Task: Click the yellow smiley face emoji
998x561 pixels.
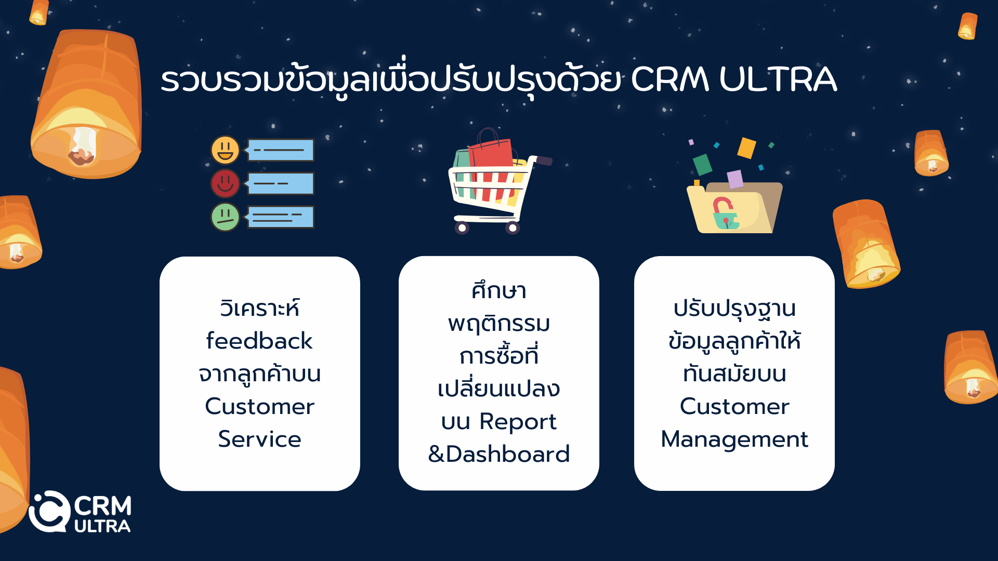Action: click(225, 150)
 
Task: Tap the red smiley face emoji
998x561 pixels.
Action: click(225, 183)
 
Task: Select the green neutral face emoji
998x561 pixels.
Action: click(225, 217)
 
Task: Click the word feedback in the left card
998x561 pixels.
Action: click(259, 341)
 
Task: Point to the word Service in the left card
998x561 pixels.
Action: click(259, 439)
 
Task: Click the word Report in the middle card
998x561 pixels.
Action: click(518, 422)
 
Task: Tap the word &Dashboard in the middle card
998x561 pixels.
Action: click(498, 454)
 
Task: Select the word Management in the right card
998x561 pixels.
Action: click(734, 439)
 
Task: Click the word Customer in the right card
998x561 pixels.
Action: click(734, 406)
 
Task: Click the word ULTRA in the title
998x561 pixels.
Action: click(778, 79)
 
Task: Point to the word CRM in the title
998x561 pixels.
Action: click(669, 79)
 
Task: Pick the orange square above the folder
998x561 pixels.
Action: click(746, 148)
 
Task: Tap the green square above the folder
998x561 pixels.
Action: click(702, 165)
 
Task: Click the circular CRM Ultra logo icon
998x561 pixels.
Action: click(49, 512)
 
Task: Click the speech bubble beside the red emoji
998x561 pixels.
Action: click(280, 183)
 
